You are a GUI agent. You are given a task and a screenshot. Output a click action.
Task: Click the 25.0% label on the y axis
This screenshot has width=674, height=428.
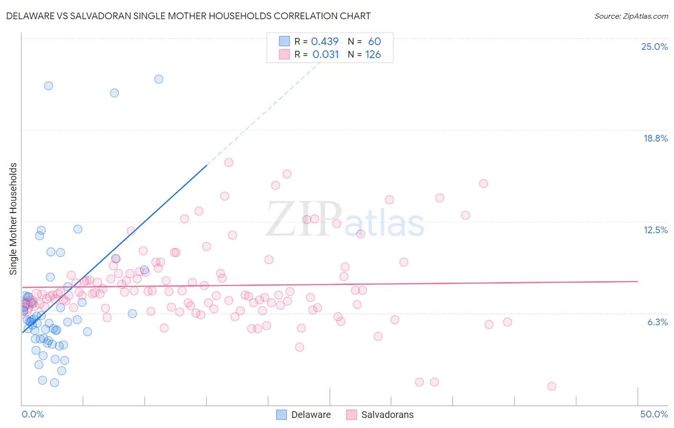(654, 47)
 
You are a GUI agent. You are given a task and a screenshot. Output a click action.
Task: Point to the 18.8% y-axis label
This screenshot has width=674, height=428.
(655, 138)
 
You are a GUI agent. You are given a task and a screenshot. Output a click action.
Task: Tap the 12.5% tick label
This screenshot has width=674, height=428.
(655, 230)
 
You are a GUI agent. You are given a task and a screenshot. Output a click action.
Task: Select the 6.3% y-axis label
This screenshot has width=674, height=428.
(657, 322)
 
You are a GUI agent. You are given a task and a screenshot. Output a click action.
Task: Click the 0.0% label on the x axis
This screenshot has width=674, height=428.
(33, 414)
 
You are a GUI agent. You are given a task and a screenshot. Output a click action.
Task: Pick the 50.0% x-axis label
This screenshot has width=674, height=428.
(654, 414)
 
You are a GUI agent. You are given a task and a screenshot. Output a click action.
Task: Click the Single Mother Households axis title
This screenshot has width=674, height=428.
(13, 219)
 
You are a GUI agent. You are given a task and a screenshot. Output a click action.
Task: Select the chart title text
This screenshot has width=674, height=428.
(188, 16)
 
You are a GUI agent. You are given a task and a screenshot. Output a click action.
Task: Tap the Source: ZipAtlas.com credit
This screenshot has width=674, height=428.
(631, 16)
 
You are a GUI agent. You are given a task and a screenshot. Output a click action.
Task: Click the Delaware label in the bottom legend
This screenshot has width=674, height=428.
(311, 415)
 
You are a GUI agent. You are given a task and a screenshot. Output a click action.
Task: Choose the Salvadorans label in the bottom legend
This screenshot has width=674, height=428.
(387, 415)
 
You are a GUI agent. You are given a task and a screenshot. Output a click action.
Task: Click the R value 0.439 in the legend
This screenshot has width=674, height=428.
(325, 41)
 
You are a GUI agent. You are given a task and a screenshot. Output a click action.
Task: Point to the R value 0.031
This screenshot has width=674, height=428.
(325, 54)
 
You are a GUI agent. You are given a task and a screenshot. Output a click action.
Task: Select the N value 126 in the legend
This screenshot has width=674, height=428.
(373, 54)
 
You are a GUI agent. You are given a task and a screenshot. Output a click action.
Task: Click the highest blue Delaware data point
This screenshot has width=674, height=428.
(159, 79)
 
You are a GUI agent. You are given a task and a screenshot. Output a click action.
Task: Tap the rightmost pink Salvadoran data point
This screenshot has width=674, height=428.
(552, 386)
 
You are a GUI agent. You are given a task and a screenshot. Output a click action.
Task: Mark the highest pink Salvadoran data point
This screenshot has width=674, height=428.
(229, 163)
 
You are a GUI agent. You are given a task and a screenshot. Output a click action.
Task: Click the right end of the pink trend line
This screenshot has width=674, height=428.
(638, 281)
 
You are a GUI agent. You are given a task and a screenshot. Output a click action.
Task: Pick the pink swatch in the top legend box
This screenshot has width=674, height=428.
(284, 54)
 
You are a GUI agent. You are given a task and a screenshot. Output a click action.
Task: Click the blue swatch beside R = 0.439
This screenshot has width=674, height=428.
(284, 41)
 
